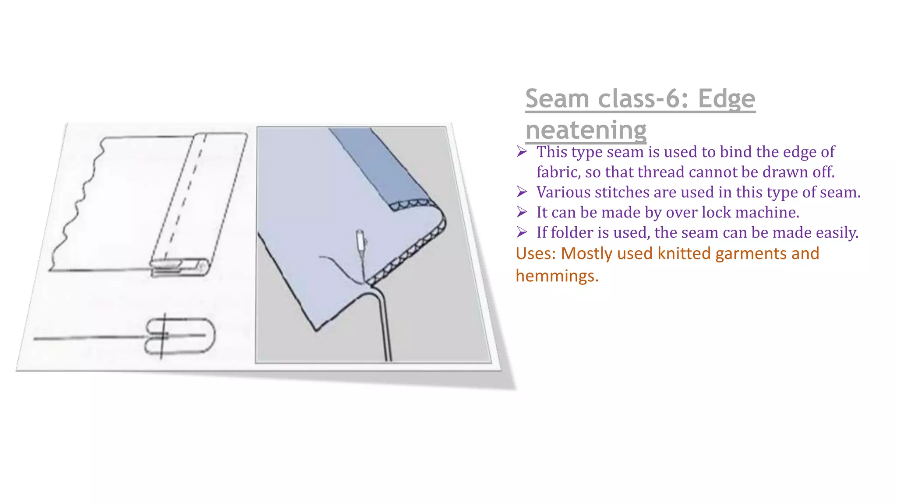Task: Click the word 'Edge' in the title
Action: [726, 99]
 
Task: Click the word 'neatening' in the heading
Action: [586, 130]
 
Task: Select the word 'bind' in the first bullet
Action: [736, 152]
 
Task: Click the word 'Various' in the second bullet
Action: [563, 192]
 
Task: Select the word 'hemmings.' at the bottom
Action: [557, 276]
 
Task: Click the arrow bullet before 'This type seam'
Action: [521, 152]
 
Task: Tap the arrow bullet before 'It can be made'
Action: [521, 212]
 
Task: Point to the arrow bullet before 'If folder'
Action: [521, 232]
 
